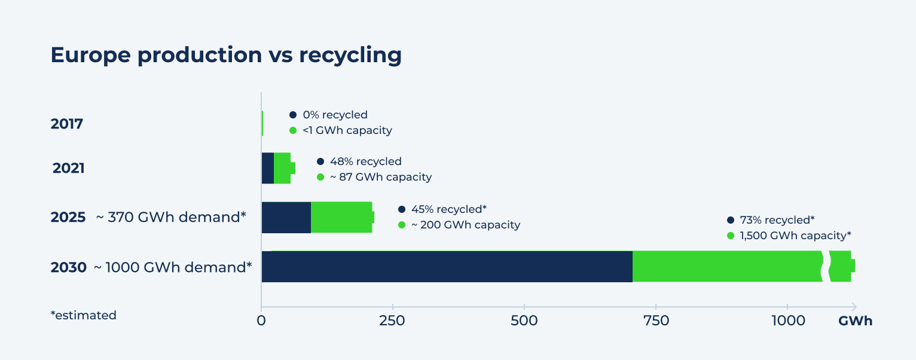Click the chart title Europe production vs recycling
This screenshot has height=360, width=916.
[226, 55]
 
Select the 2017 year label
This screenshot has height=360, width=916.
[67, 124]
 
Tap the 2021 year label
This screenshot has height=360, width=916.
[69, 168]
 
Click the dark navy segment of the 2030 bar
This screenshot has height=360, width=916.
[447, 267]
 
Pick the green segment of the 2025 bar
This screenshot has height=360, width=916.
[341, 217]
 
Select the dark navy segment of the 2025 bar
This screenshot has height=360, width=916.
[286, 217]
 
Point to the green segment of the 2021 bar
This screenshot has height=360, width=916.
[282, 168]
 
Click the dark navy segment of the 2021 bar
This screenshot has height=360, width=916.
[267, 168]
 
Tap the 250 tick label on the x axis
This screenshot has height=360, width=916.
[392, 321]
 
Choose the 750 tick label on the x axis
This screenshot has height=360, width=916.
[655, 321]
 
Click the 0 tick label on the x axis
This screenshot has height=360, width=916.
[261, 321]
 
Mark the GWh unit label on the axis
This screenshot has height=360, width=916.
[855, 321]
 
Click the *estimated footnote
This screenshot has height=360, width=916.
[84, 315]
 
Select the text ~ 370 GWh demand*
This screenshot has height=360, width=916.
[171, 217]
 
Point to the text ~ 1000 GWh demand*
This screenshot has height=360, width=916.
[173, 267]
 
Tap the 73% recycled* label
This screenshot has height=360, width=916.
[777, 219]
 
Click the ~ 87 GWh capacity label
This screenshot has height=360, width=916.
[380, 177]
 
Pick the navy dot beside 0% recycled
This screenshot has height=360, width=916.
[293, 115]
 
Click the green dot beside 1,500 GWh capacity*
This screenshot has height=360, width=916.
[731, 236]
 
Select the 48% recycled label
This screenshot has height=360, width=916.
[365, 161]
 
